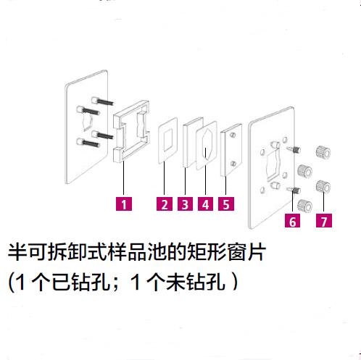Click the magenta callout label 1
124,204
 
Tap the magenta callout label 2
165,204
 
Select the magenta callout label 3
185,204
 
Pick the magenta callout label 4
205,204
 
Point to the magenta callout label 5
226,204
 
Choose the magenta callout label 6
292,221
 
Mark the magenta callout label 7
324,221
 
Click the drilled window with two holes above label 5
231,150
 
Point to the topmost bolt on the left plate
102,101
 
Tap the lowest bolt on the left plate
88,143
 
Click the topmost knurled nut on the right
323,153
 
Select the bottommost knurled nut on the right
304,206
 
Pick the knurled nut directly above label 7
323,187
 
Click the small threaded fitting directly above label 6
294,191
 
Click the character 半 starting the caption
17,252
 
